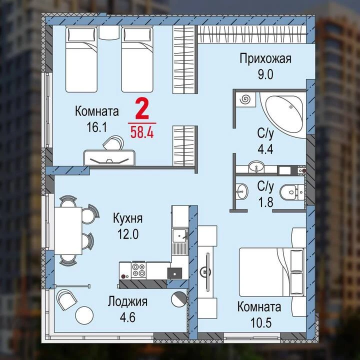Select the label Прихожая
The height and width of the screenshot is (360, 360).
click(x=265, y=59)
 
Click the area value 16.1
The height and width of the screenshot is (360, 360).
click(x=97, y=127)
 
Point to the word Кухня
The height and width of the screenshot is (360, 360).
click(x=127, y=218)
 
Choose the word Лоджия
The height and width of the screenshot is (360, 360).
click(x=127, y=301)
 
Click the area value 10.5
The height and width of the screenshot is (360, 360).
click(x=261, y=323)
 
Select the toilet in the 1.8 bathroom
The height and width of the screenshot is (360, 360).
click(x=292, y=191)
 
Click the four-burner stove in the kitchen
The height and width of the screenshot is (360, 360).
click(x=139, y=270)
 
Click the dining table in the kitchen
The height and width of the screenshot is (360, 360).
click(x=68, y=230)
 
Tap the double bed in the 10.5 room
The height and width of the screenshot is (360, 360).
click(x=272, y=272)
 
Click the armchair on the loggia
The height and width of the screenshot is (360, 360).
click(x=66, y=299)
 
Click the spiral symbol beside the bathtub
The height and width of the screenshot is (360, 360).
click(x=245, y=99)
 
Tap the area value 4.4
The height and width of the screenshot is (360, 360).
click(x=265, y=149)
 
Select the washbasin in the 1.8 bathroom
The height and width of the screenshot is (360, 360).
click(x=242, y=191)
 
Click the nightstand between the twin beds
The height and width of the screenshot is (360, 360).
click(x=109, y=32)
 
